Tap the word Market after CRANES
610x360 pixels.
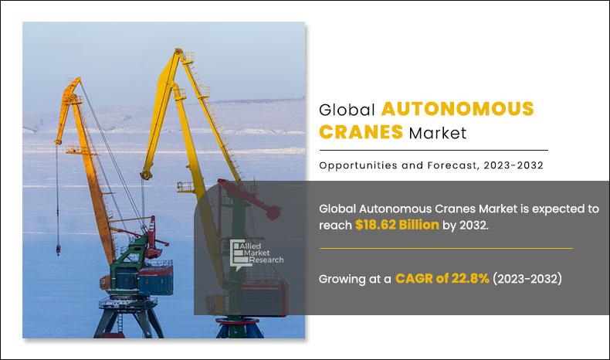point(438,133)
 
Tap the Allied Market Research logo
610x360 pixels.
point(256,253)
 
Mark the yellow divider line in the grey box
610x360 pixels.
point(446,249)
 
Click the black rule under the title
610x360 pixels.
point(433,150)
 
